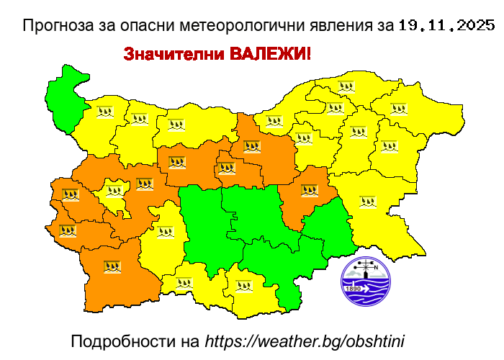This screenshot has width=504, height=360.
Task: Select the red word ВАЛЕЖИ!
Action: click(x=270, y=54)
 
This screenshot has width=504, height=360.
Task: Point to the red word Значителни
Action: click(x=174, y=54)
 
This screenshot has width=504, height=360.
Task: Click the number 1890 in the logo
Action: click(x=354, y=289)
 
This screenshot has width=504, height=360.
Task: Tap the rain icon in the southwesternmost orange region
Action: click(x=111, y=266)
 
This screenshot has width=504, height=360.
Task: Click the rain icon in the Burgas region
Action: click(x=368, y=202)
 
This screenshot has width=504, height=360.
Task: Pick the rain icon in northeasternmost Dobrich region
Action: click(x=398, y=109)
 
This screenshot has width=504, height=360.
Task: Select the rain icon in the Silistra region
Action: click(x=347, y=87)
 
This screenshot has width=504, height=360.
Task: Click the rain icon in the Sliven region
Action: click(x=310, y=191)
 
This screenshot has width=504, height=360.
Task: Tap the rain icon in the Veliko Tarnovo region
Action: click(x=251, y=147)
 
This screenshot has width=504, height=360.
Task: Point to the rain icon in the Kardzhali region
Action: click(x=244, y=285)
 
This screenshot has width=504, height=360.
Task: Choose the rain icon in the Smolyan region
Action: click(x=184, y=283)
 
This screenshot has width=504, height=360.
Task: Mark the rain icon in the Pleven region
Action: click(x=176, y=125)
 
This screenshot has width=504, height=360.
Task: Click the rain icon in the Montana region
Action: click(x=106, y=112)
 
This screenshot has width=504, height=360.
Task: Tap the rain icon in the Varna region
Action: click(x=389, y=146)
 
